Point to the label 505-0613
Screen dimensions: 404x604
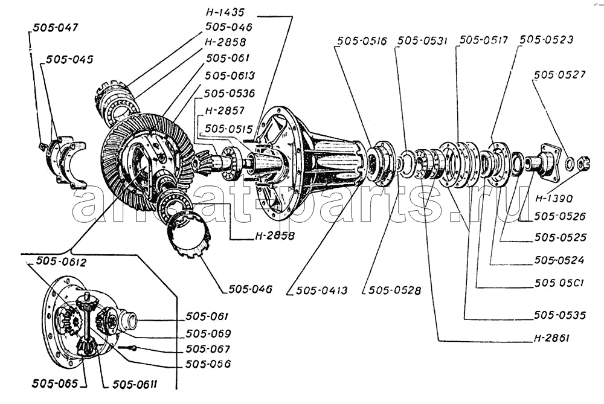230,75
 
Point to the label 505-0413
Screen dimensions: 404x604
321,290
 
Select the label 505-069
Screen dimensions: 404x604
208,333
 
